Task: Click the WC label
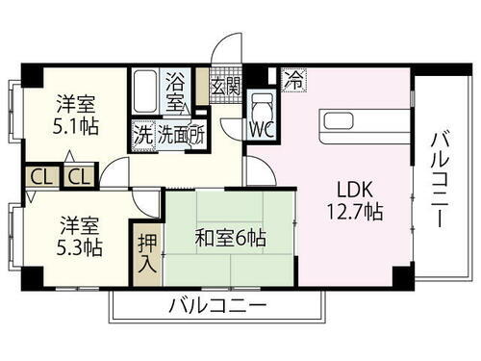click(263, 126)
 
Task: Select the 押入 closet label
click(146, 252)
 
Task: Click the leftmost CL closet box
click(38, 177)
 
